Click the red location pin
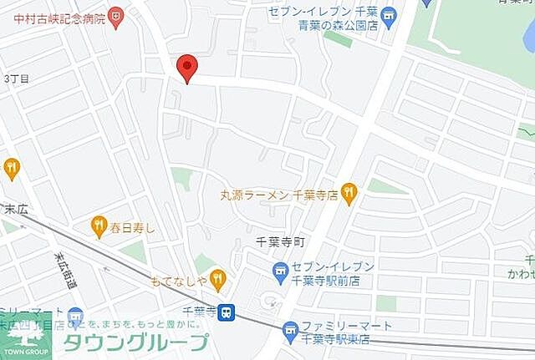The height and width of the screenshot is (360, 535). click(187, 67)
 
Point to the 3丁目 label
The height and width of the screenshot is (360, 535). click(17, 78)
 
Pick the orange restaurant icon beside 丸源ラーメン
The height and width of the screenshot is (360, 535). click(349, 195)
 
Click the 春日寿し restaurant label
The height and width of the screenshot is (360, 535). click(127, 224)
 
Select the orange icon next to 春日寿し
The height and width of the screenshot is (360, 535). click(99, 224)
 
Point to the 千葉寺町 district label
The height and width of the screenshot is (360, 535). click(278, 241)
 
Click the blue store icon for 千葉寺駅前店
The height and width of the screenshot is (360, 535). click(280, 271)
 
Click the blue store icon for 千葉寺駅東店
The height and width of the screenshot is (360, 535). click(290, 331)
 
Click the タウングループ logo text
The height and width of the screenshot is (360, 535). click(135, 342)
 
